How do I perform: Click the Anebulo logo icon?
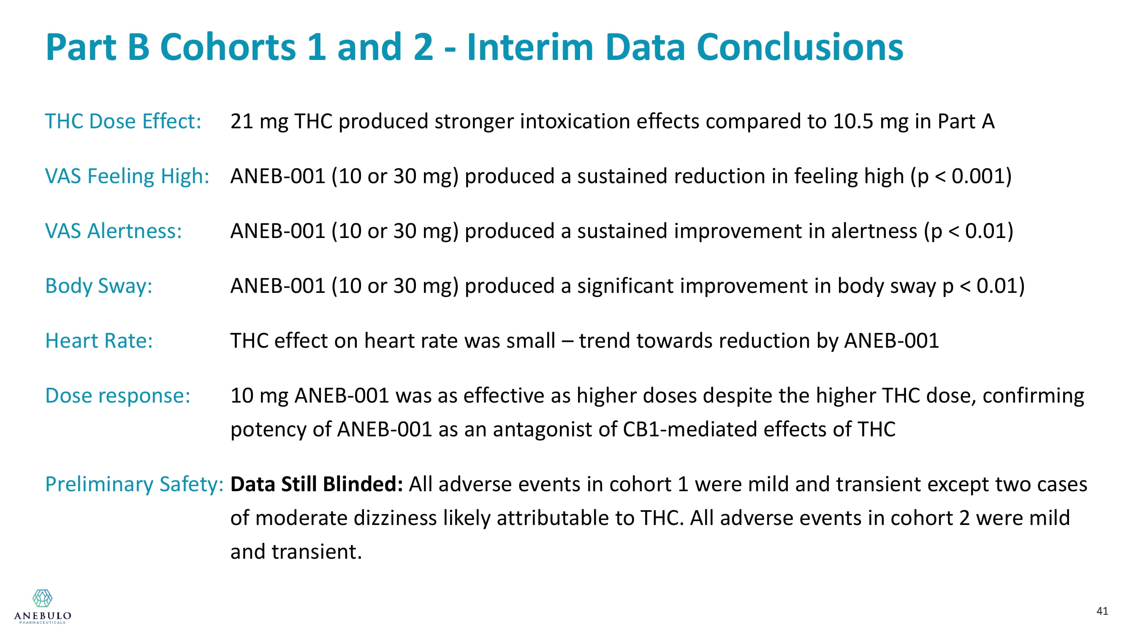pyautogui.click(x=42, y=598)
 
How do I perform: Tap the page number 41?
pyautogui.click(x=1102, y=611)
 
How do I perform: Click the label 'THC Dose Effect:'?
pyautogui.click(x=123, y=121)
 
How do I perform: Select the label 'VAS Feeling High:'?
pyautogui.click(x=127, y=176)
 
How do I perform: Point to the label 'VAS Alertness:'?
pyautogui.click(x=113, y=231)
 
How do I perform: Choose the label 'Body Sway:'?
pyautogui.click(x=99, y=286)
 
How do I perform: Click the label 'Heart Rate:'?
pyautogui.click(x=99, y=340)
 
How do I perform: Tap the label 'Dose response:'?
pyautogui.click(x=118, y=396)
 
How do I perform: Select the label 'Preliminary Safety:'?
pyautogui.click(x=134, y=484)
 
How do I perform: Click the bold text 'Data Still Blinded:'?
pyautogui.click(x=317, y=484)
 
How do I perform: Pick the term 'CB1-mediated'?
pyautogui.click(x=690, y=429)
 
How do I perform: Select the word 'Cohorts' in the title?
pyautogui.click(x=228, y=47)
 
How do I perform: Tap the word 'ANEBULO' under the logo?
pyautogui.click(x=42, y=616)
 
